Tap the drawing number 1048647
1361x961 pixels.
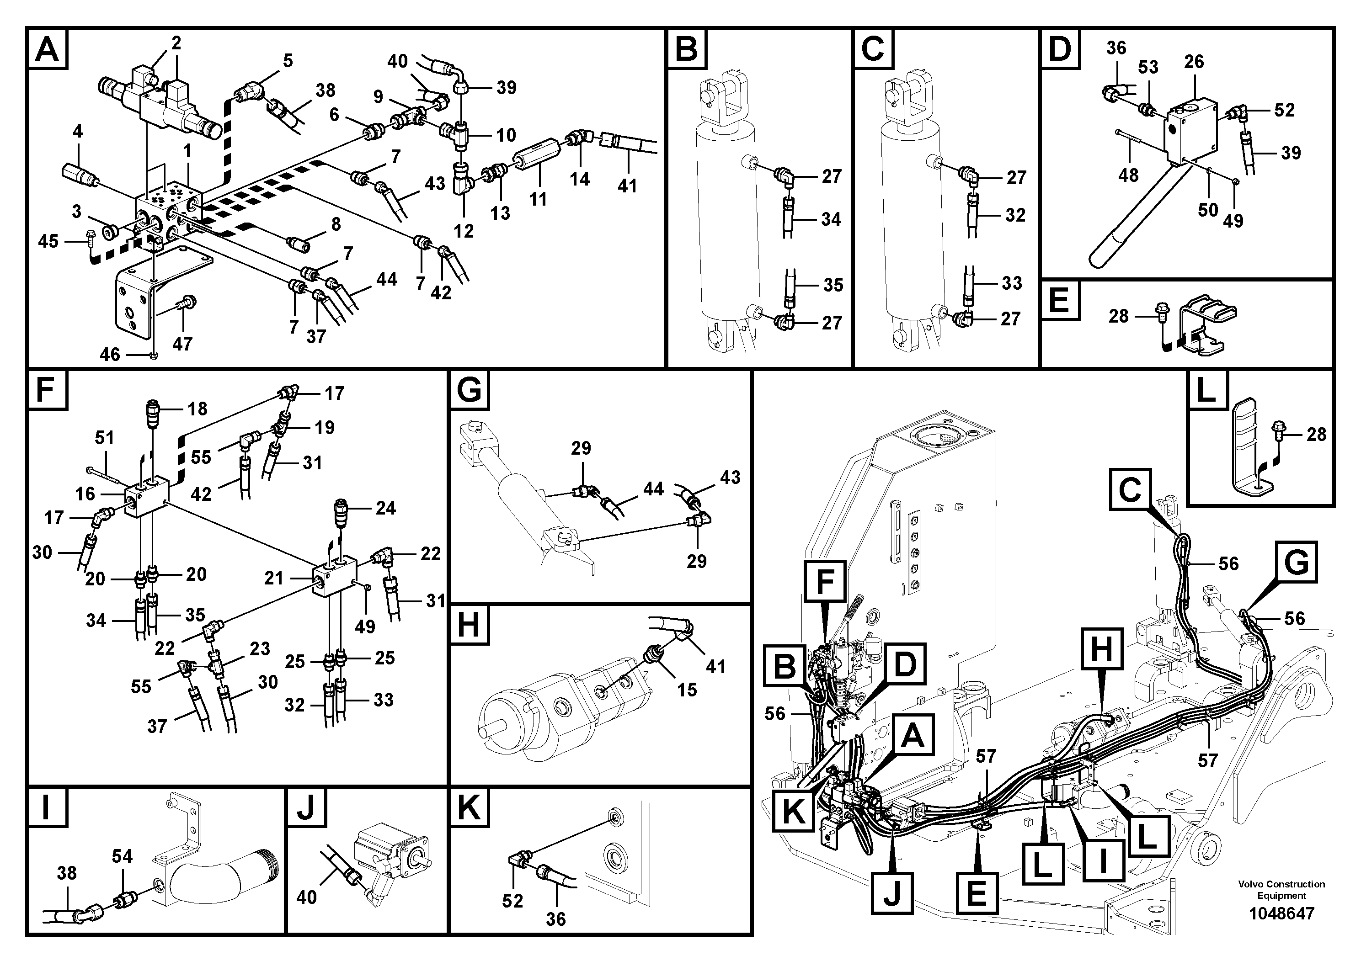[1281, 913]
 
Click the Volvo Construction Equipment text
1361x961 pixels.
[1281, 889]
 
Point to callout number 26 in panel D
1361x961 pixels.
[1194, 62]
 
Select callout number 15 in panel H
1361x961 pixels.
[687, 690]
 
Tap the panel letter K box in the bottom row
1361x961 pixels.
[470, 807]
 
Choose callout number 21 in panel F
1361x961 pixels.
[273, 578]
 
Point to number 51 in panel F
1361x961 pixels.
[104, 438]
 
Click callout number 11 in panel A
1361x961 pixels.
[538, 199]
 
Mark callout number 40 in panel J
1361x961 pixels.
[306, 897]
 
